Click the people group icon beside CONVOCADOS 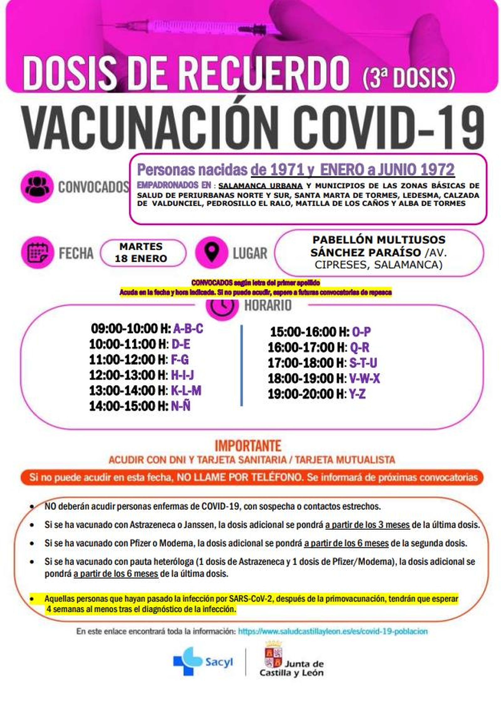coord(35,187)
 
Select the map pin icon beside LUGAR coord(211,252)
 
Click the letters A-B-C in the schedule coord(188,329)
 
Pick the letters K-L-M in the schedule coord(186,391)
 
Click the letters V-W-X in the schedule coord(364,379)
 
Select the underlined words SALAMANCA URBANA coord(261,186)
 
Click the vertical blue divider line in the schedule coord(241,365)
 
